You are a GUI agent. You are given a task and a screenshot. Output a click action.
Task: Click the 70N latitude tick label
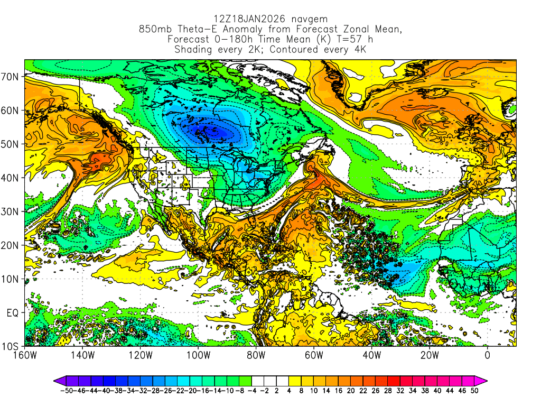click(x=11, y=77)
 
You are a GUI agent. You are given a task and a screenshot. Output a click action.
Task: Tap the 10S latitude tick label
click(x=11, y=347)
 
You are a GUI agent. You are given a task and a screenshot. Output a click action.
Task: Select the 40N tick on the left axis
click(x=11, y=178)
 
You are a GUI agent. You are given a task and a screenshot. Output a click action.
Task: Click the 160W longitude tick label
click(x=25, y=355)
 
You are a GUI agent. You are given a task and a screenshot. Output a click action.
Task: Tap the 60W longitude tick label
click(x=314, y=355)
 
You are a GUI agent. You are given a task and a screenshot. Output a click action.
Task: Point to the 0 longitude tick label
click(x=487, y=355)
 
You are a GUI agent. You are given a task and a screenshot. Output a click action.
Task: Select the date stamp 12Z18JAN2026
click(x=244, y=19)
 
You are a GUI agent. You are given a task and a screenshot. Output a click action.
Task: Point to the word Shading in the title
click(x=193, y=50)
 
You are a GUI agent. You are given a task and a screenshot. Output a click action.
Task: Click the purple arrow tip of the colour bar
click(x=56, y=380)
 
